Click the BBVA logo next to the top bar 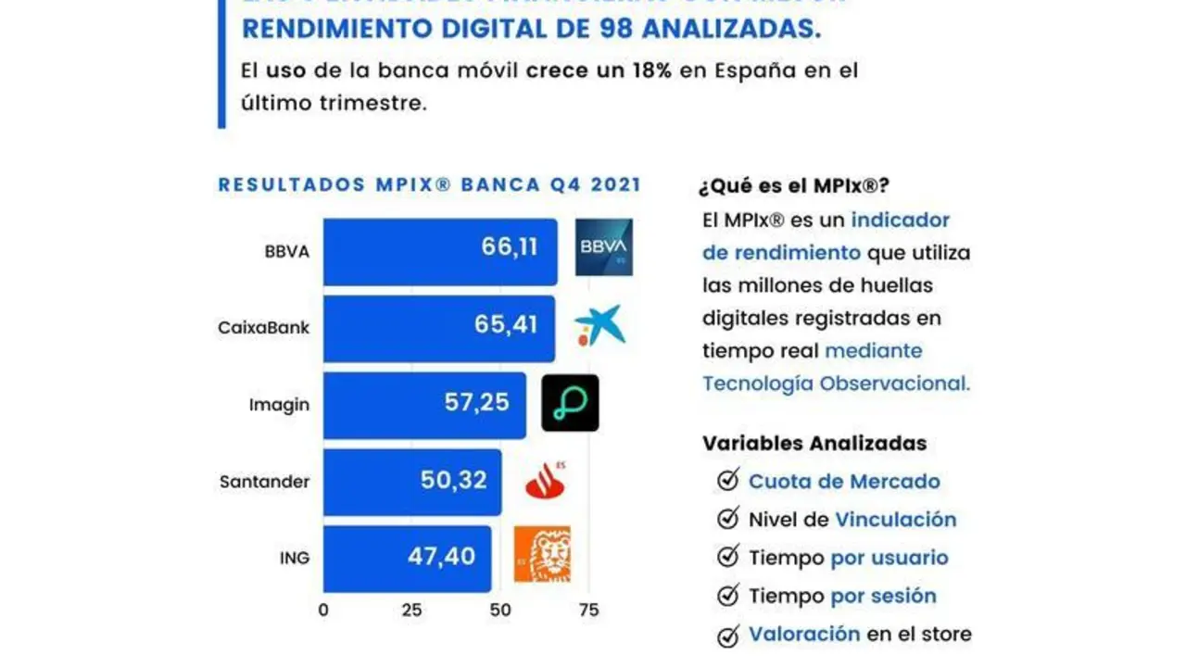pyautogui.click(x=603, y=247)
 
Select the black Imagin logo pyautogui.click(x=570, y=403)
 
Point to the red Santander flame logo pyautogui.click(x=546, y=480)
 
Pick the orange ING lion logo pyautogui.click(x=543, y=554)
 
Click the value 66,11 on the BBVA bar pyautogui.click(x=510, y=247)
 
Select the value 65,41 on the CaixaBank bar pyautogui.click(x=510, y=326)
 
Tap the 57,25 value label pyautogui.click(x=477, y=404)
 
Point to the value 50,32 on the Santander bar pyautogui.click(x=454, y=481)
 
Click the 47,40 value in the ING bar pyautogui.click(x=441, y=556)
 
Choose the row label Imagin pyautogui.click(x=279, y=405)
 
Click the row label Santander pyautogui.click(x=264, y=482)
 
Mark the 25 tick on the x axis pyautogui.click(x=411, y=610)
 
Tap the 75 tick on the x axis pyautogui.click(x=588, y=610)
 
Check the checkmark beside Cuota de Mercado pyautogui.click(x=728, y=481)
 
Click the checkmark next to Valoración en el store pyautogui.click(x=728, y=635)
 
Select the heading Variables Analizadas pyautogui.click(x=814, y=443)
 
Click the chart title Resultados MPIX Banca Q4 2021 pyautogui.click(x=429, y=184)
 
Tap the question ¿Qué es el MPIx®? pyautogui.click(x=793, y=185)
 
